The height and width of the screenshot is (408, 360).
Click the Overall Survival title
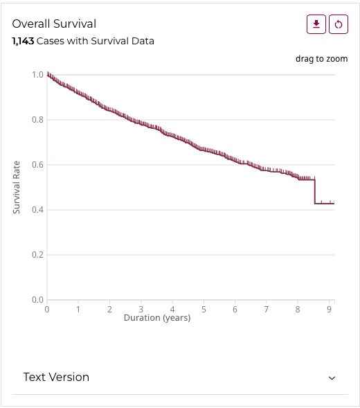click(54, 24)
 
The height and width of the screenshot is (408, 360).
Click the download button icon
click(316, 24)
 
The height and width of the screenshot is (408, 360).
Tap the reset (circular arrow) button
click(339, 24)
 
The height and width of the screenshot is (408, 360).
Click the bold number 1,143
click(23, 41)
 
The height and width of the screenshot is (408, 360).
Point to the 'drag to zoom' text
click(321, 59)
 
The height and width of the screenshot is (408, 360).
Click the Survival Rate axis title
click(17, 187)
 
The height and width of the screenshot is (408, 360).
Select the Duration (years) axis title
click(157, 318)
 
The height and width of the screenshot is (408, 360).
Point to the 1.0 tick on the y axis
click(37, 74)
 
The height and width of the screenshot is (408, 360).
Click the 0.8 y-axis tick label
click(37, 120)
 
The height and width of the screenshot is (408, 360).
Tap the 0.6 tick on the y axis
click(37, 165)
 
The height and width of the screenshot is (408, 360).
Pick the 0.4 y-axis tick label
click(37, 210)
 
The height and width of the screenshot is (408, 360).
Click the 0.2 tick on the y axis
click(37, 255)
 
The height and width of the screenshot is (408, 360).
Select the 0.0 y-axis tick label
click(37, 300)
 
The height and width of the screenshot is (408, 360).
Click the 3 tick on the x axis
click(141, 309)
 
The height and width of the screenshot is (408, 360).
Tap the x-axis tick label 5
click(204, 309)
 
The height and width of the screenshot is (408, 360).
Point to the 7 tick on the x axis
click(266, 309)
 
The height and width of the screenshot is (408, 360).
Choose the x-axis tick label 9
click(329, 309)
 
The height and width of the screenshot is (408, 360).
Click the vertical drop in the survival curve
click(315, 192)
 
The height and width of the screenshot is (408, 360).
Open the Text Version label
click(56, 377)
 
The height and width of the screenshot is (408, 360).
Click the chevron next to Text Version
click(332, 378)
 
